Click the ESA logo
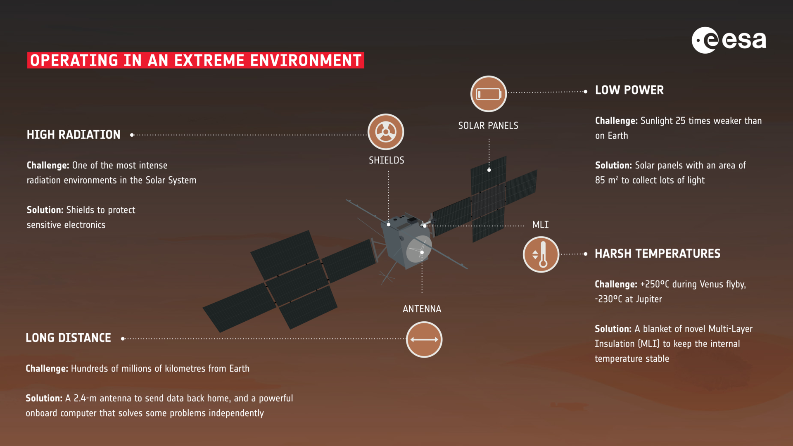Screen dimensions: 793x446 729,40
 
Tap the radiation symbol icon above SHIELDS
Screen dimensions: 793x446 386,132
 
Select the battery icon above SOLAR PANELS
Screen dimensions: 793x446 489,94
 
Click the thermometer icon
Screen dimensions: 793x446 541,254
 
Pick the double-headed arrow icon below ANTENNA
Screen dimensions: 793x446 424,339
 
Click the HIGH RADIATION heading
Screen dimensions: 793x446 74,135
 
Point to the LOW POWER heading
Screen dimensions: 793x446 629,90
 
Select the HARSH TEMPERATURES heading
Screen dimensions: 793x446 658,254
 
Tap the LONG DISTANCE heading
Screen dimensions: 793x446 68,338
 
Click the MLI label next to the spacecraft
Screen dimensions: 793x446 541,225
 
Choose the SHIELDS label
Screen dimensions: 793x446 387,160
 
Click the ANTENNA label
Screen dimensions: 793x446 422,309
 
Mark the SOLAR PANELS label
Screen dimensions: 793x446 488,126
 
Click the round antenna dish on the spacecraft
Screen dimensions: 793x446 419,249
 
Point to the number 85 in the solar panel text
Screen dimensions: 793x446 600,180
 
